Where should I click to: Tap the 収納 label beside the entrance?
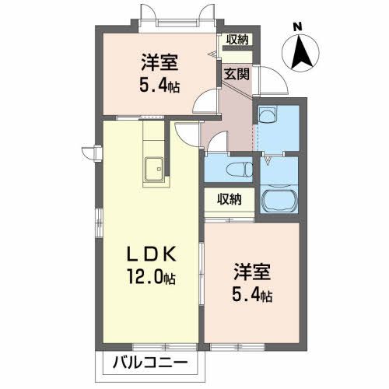(x=237, y=40)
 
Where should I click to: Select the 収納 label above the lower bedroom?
(x=229, y=198)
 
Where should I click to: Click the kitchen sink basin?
(x=152, y=166)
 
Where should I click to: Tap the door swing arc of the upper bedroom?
(x=205, y=102)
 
